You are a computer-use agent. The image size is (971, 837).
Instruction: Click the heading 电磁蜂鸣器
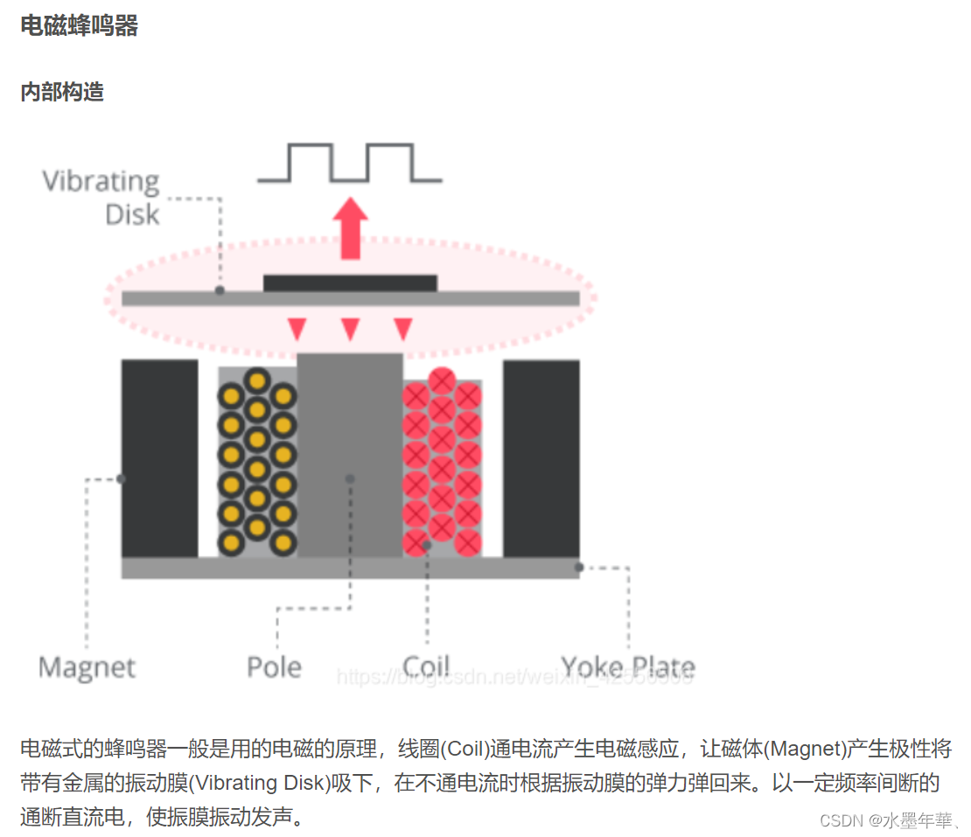pyautogui.click(x=79, y=26)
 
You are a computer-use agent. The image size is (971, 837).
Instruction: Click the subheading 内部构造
pyautogui.click(x=62, y=92)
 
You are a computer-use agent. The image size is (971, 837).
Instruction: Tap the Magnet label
pyautogui.click(x=87, y=668)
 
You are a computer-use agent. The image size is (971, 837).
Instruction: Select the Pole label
pyautogui.click(x=274, y=668)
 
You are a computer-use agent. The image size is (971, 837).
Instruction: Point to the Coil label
pyautogui.click(x=426, y=668)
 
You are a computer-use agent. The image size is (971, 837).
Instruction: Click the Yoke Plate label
pyautogui.click(x=628, y=668)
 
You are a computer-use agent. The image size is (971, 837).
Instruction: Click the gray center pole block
pyautogui.click(x=350, y=455)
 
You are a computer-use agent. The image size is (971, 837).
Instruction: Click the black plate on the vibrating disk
pyautogui.click(x=350, y=282)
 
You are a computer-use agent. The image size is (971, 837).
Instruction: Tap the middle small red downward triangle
pyautogui.click(x=350, y=329)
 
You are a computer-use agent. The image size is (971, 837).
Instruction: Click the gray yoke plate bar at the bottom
pyautogui.click(x=350, y=568)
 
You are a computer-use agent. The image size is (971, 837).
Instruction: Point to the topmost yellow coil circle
pyautogui.click(x=256, y=380)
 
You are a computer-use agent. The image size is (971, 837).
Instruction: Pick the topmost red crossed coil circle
pyautogui.click(x=442, y=380)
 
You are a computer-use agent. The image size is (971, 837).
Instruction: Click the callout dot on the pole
pyautogui.click(x=350, y=478)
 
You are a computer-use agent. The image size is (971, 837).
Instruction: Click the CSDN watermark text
pyautogui.click(x=885, y=820)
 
